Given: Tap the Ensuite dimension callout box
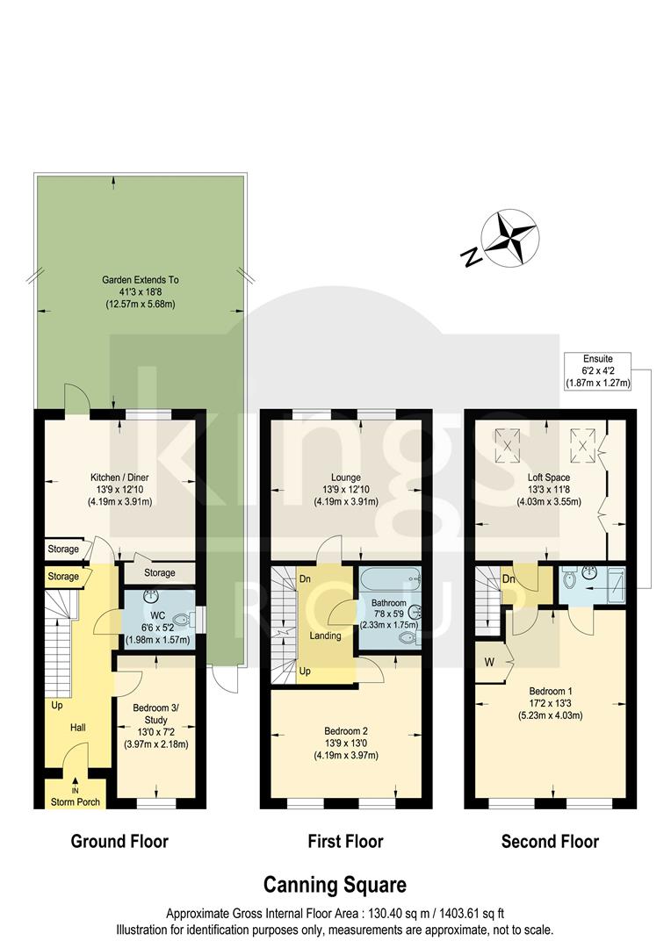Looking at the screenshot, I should [597, 370].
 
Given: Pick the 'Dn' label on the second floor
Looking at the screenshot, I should [509, 580].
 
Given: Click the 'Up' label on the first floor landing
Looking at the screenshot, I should [304, 670].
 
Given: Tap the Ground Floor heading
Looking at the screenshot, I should [119, 842].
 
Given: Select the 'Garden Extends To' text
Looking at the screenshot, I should [139, 280].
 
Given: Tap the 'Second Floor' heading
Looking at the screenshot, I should [550, 842].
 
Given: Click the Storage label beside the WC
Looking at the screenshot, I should [159, 573].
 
